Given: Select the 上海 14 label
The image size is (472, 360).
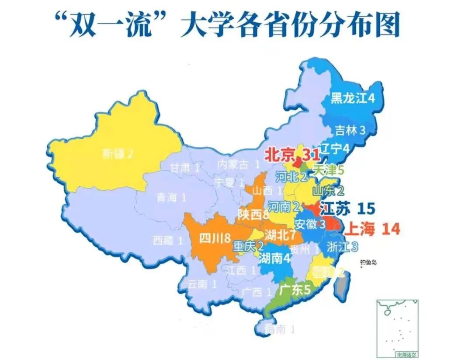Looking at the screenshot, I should pos(373,229).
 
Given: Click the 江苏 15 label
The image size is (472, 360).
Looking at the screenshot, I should pos(347,209).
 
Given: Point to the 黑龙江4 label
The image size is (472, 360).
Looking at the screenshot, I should pos(352,98).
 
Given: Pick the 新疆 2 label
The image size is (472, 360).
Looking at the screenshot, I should pos(117,154).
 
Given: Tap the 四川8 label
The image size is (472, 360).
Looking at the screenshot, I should pos(215,238).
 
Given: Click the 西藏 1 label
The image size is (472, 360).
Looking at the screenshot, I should pos(167,240).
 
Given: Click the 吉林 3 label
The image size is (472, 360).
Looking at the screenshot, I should pos(350,130).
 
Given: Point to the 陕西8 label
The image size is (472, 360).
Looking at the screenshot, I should pos(253,214).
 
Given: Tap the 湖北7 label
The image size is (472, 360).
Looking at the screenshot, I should pos(280,235).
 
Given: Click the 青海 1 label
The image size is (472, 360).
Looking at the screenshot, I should pos(171,198).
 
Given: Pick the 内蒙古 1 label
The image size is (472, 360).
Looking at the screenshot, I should pos(239,164).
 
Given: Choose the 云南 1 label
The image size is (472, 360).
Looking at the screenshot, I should pos(202,284).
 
